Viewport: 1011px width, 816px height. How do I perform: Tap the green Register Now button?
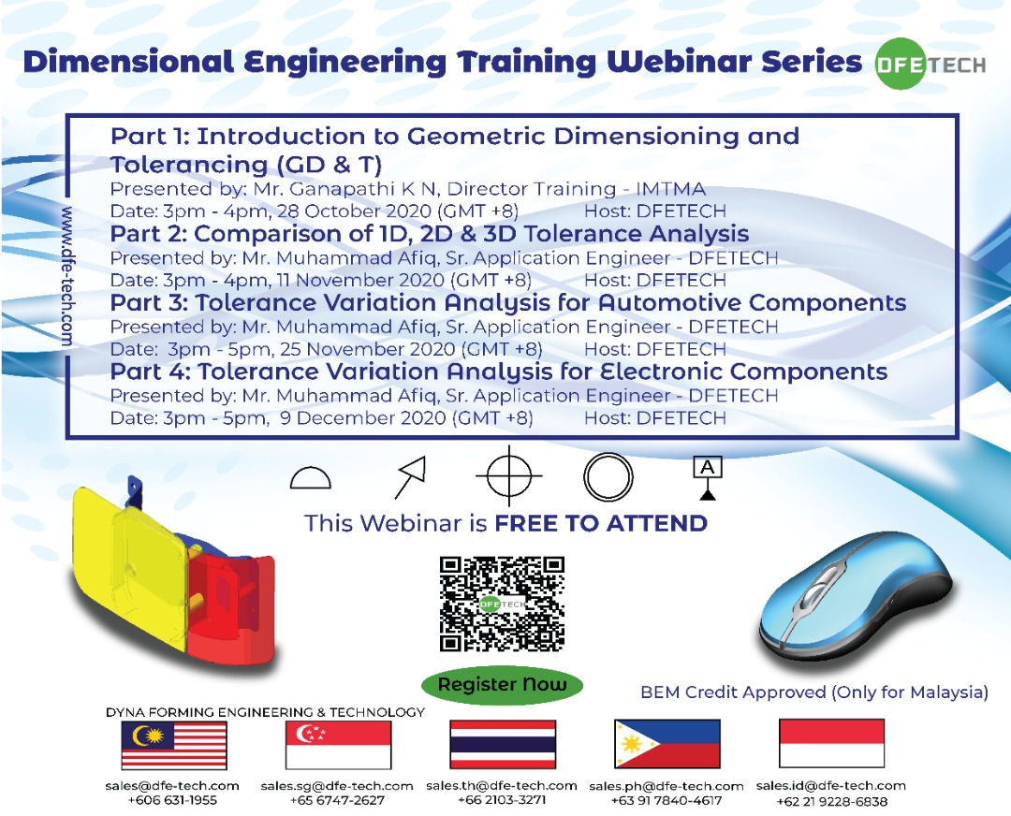(x=502, y=684)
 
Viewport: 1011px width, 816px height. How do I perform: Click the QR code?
(x=502, y=604)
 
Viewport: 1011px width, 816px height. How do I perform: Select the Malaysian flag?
(x=174, y=745)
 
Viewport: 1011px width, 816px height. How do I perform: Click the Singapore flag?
(x=338, y=745)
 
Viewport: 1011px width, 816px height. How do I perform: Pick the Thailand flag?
(x=503, y=745)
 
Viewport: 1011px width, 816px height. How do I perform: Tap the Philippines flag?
(x=667, y=745)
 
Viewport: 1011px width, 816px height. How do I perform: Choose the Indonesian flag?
(x=831, y=744)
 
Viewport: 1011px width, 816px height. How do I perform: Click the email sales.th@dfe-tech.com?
(x=502, y=786)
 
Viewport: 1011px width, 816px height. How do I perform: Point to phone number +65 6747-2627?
(x=337, y=801)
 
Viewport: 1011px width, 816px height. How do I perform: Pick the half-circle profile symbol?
(x=311, y=478)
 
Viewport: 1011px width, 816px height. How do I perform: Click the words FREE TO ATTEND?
(x=601, y=523)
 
